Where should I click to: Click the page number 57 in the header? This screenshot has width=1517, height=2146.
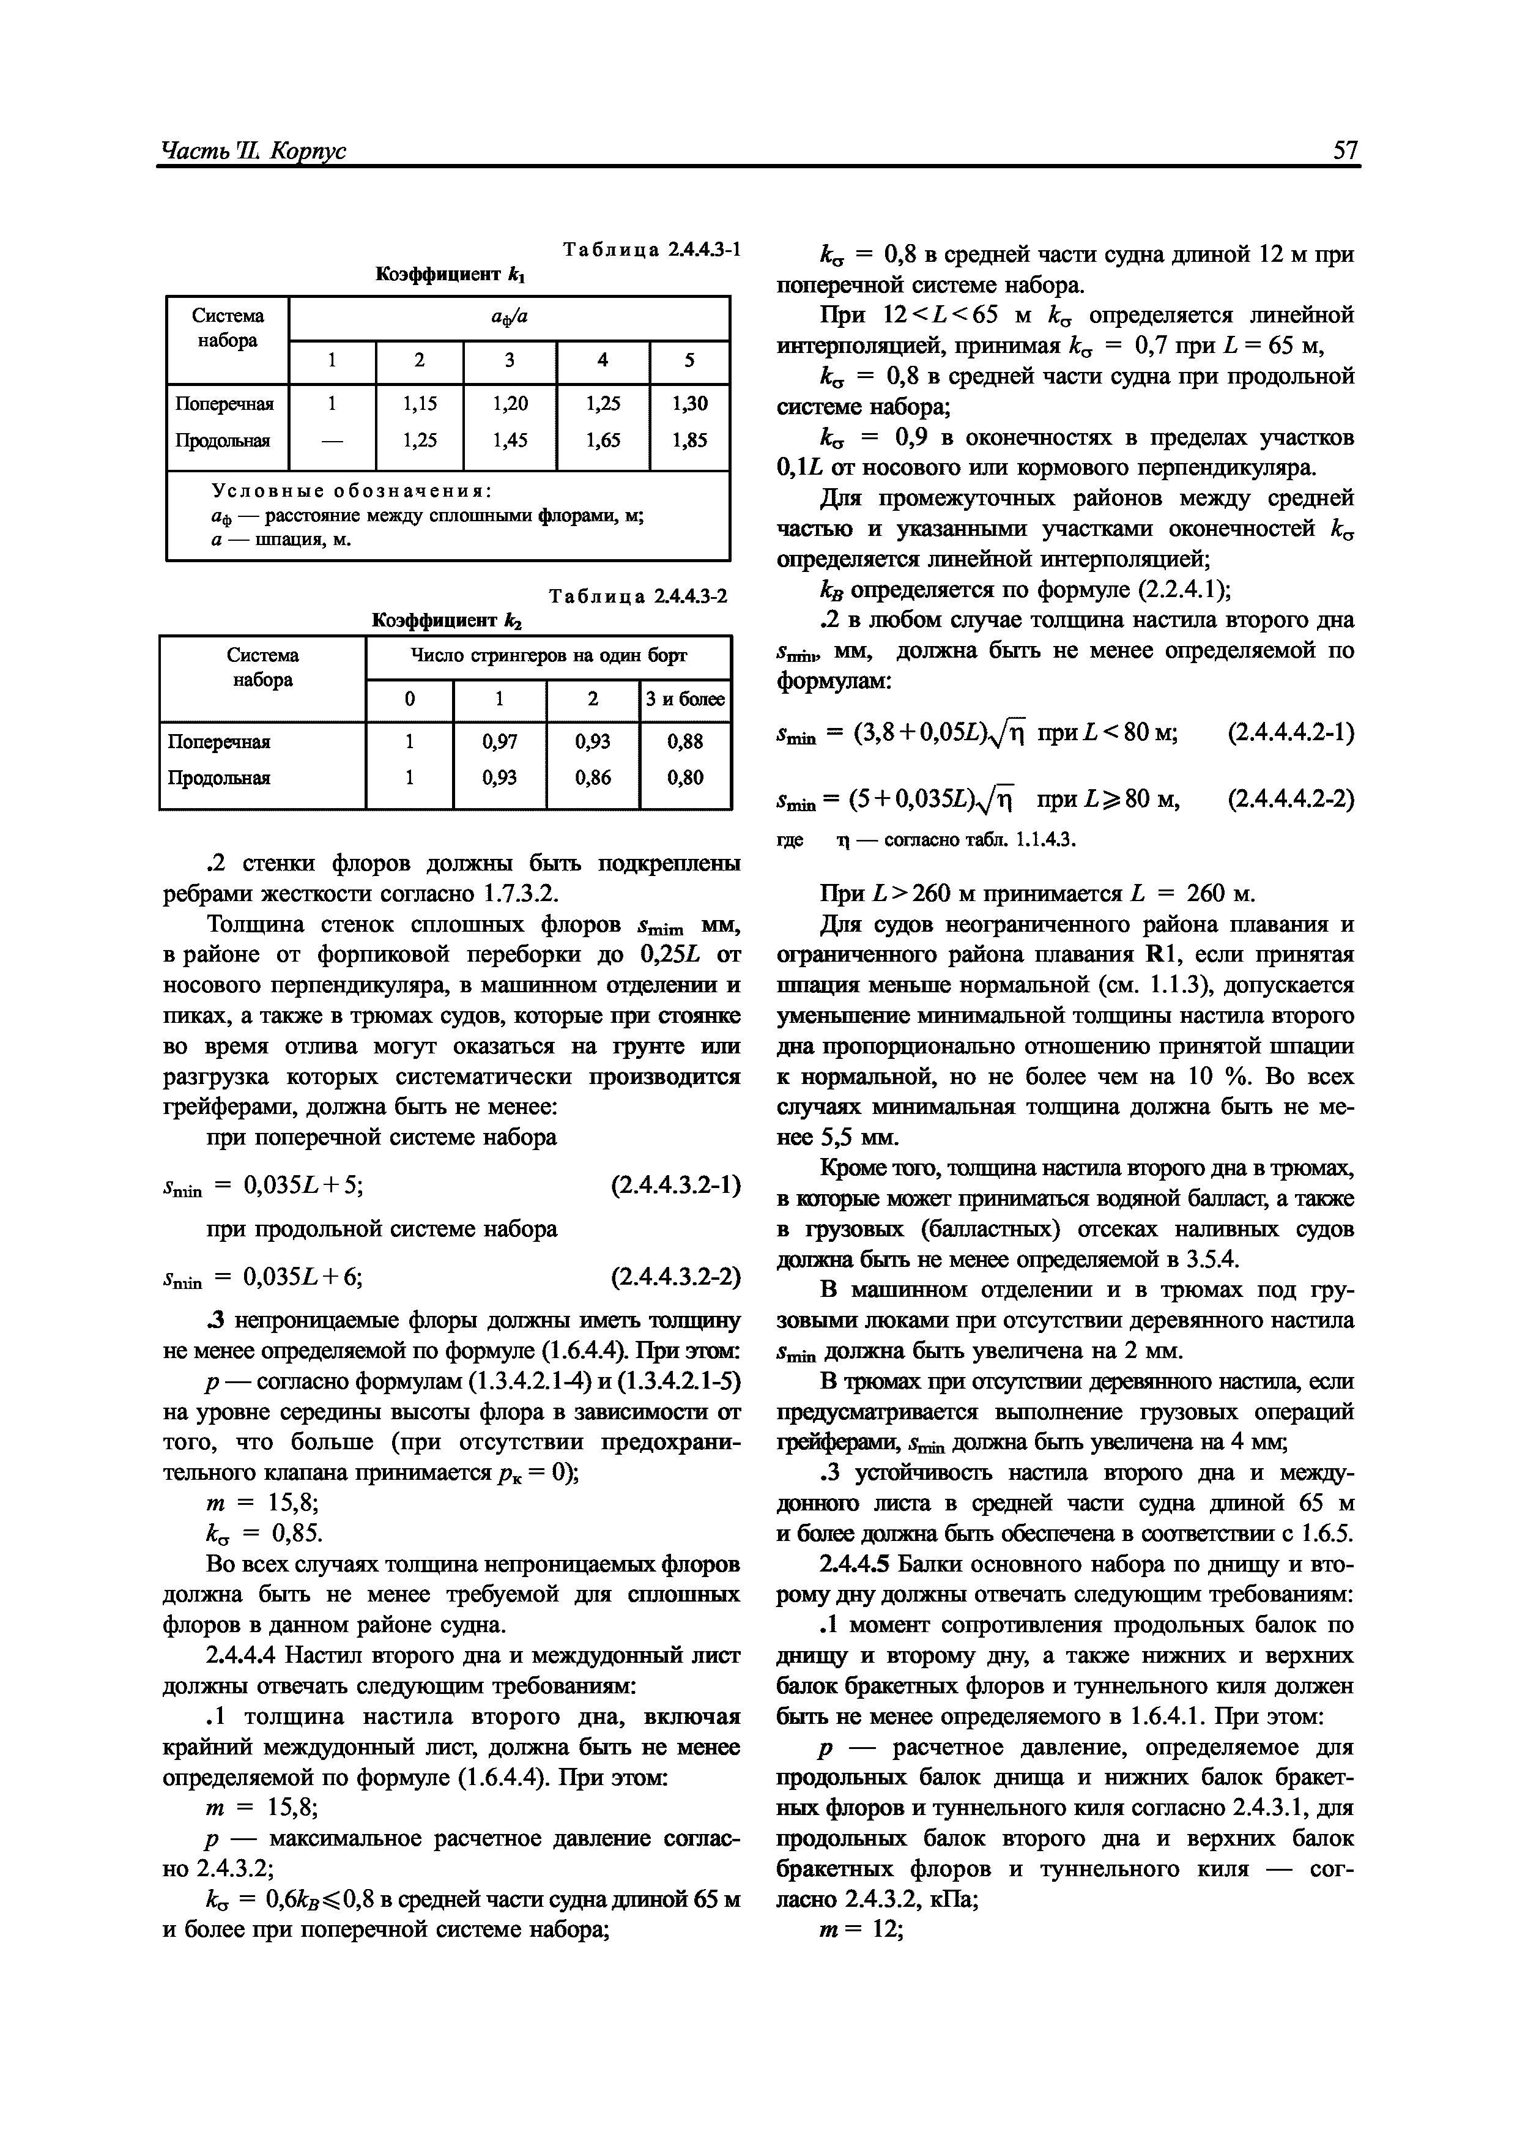[x=1345, y=149]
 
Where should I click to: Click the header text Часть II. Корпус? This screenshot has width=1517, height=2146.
[x=253, y=149]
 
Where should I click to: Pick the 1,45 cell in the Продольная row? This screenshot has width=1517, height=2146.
[x=510, y=439]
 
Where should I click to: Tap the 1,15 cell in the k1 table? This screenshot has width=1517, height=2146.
[x=419, y=403]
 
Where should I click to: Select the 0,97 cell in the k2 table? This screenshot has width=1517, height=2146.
[x=500, y=741]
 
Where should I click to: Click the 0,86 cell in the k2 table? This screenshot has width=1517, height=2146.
[x=593, y=777]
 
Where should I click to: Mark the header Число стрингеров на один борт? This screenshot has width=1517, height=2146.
[x=549, y=656]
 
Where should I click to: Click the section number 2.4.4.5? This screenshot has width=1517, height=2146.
[x=857, y=1564]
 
